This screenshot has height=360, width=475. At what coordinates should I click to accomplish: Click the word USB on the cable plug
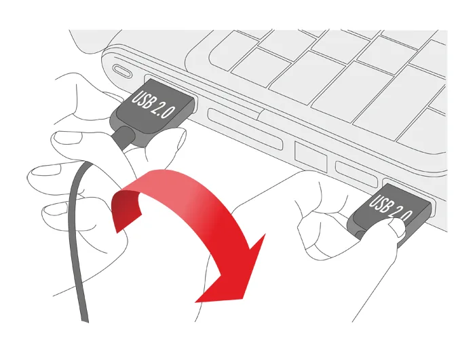[142, 98]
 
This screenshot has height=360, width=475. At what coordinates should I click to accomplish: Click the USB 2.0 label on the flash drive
[391, 207]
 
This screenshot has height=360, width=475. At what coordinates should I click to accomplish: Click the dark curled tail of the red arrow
[124, 209]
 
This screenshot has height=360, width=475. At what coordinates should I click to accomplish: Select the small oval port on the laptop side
[122, 71]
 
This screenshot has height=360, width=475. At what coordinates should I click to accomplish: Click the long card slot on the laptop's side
[246, 129]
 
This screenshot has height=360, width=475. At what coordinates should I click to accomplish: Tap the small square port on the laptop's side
[311, 156]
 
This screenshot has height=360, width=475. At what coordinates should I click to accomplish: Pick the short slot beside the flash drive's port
[356, 174]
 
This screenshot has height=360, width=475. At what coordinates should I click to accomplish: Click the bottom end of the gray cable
[85, 320]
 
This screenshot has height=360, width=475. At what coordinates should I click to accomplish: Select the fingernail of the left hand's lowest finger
[54, 209]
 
